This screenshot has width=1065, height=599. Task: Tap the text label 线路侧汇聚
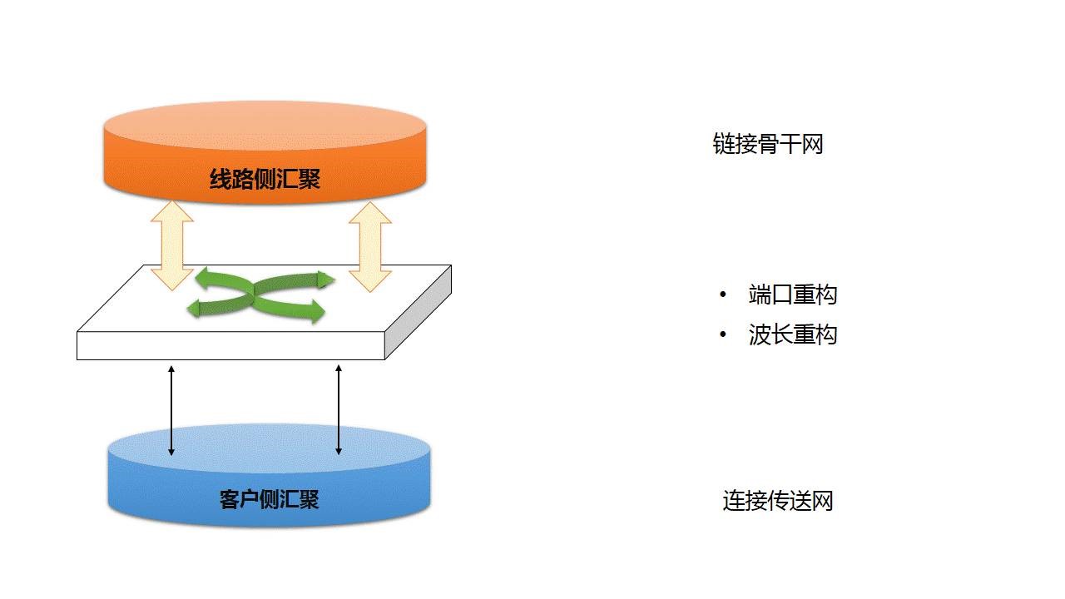tap(265, 179)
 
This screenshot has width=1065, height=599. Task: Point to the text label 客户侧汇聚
tap(269, 499)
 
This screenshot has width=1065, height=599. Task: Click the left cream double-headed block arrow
tap(171, 245)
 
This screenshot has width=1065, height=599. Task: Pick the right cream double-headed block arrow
tap(369, 245)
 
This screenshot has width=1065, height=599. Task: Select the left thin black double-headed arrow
tap(171, 410)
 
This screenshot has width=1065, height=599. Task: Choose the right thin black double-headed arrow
tap(339, 410)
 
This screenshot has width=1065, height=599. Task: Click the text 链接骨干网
tap(767, 144)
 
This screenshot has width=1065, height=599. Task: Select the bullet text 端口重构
tap(792, 295)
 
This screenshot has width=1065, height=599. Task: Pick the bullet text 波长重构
tap(792, 334)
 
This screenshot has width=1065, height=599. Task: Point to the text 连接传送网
tap(777, 501)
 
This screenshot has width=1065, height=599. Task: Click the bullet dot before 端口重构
tap(723, 295)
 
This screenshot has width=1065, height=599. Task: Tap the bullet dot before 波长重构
tap(723, 335)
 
